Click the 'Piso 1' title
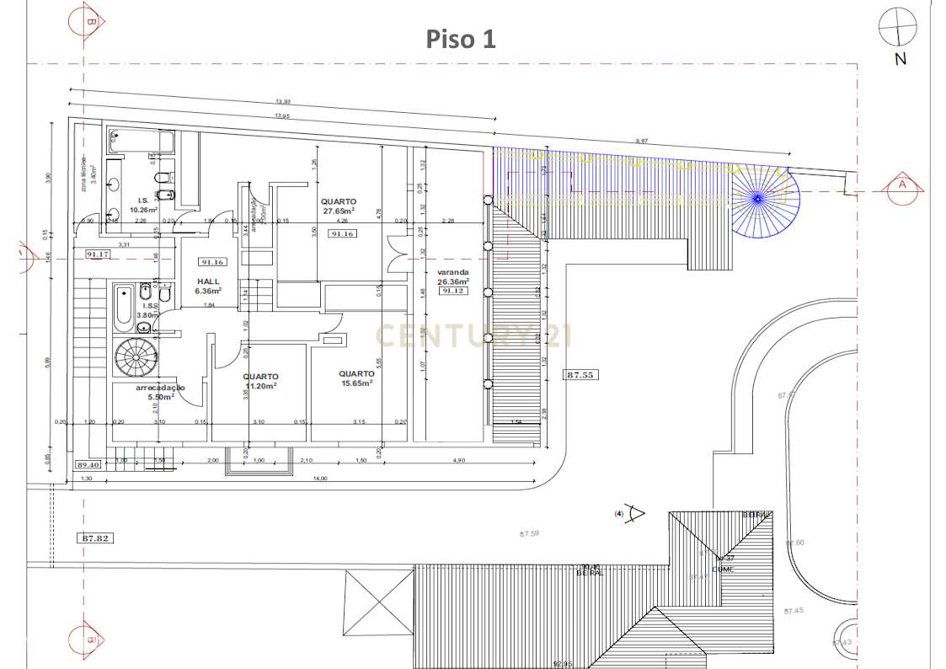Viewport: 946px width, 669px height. (x=460, y=39)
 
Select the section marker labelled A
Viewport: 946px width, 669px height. (x=902, y=185)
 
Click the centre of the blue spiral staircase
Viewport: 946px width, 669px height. (x=758, y=198)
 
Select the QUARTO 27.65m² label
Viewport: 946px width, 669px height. (x=339, y=207)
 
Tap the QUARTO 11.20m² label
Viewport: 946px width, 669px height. (x=260, y=382)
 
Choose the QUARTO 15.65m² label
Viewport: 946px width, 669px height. (x=356, y=378)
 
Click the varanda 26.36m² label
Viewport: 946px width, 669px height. (x=452, y=277)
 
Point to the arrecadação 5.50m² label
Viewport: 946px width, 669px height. (x=160, y=392)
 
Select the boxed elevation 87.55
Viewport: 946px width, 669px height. (x=580, y=376)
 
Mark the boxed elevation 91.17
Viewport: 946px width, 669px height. (x=97, y=254)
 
